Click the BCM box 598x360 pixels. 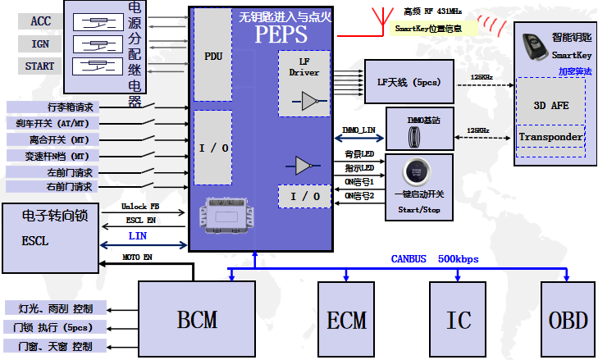[x=197, y=318]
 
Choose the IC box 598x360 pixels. [x=459, y=318]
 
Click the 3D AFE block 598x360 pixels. [x=550, y=105]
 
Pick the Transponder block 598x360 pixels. [x=550, y=136]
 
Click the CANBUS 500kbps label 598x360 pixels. [x=434, y=259]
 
